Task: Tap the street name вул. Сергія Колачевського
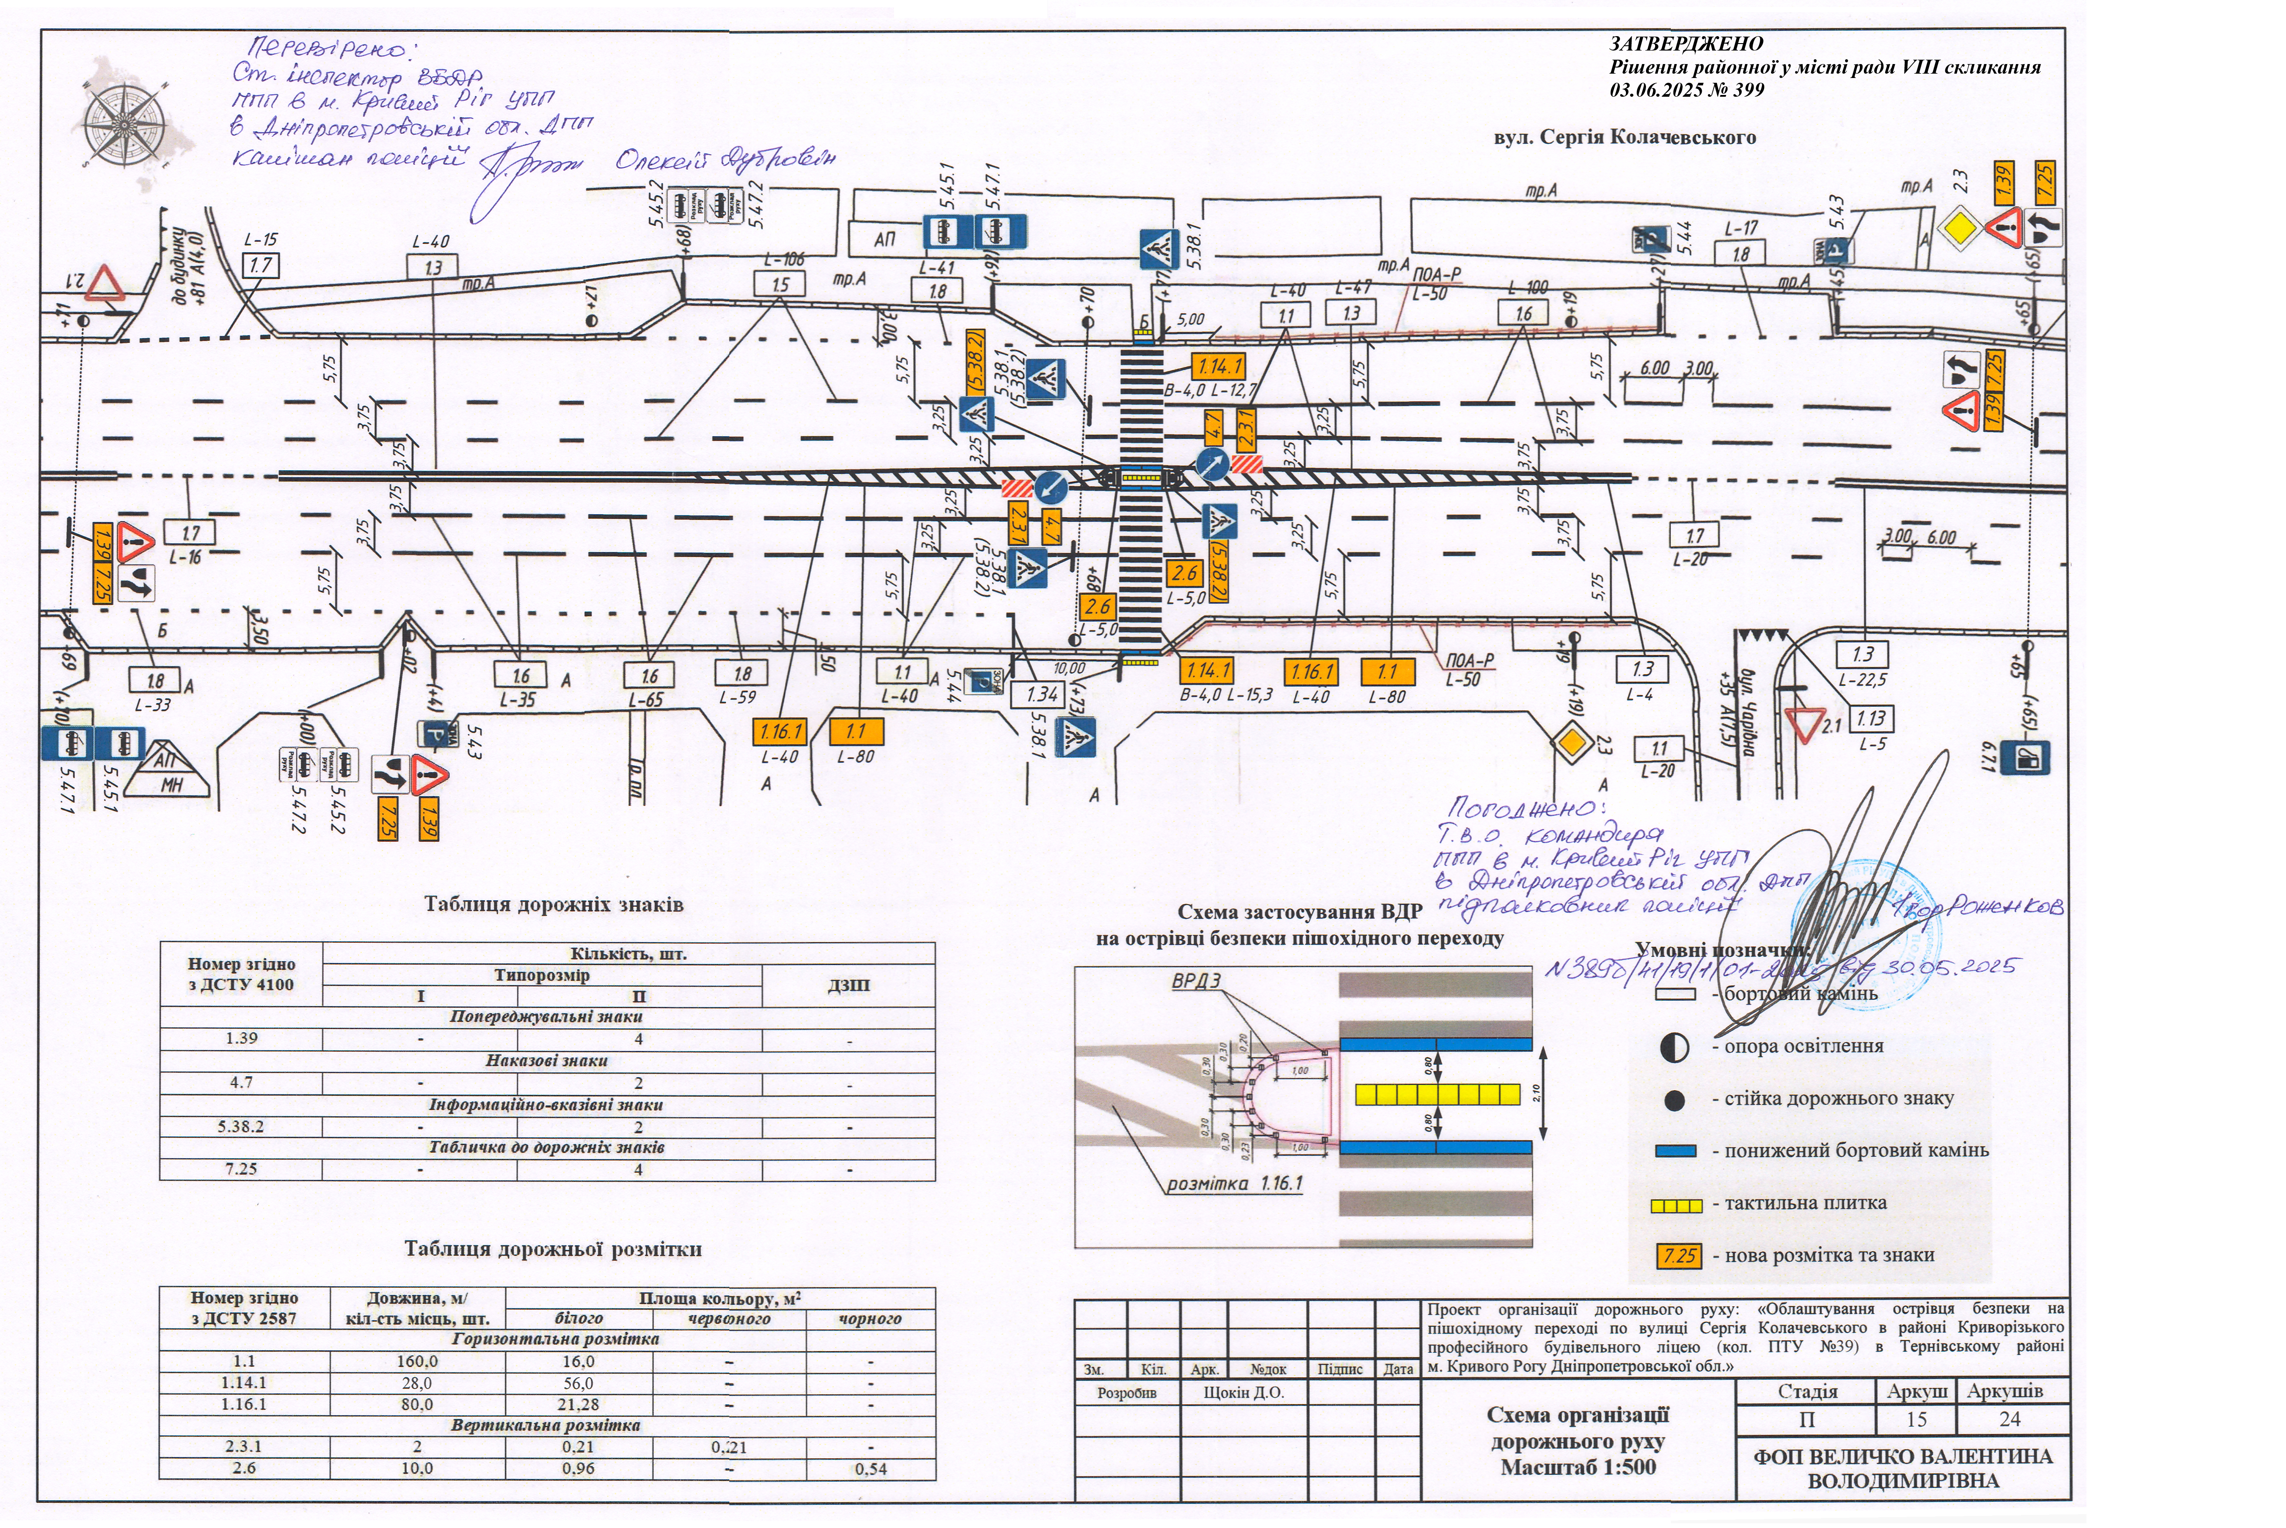click(1624, 137)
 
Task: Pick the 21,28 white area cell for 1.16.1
click(578, 1404)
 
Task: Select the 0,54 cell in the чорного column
click(870, 1469)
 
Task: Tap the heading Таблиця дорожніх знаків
click(553, 905)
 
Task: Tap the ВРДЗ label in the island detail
click(1195, 981)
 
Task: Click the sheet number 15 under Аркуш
click(1916, 1419)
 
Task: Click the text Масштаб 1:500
click(1578, 1467)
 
